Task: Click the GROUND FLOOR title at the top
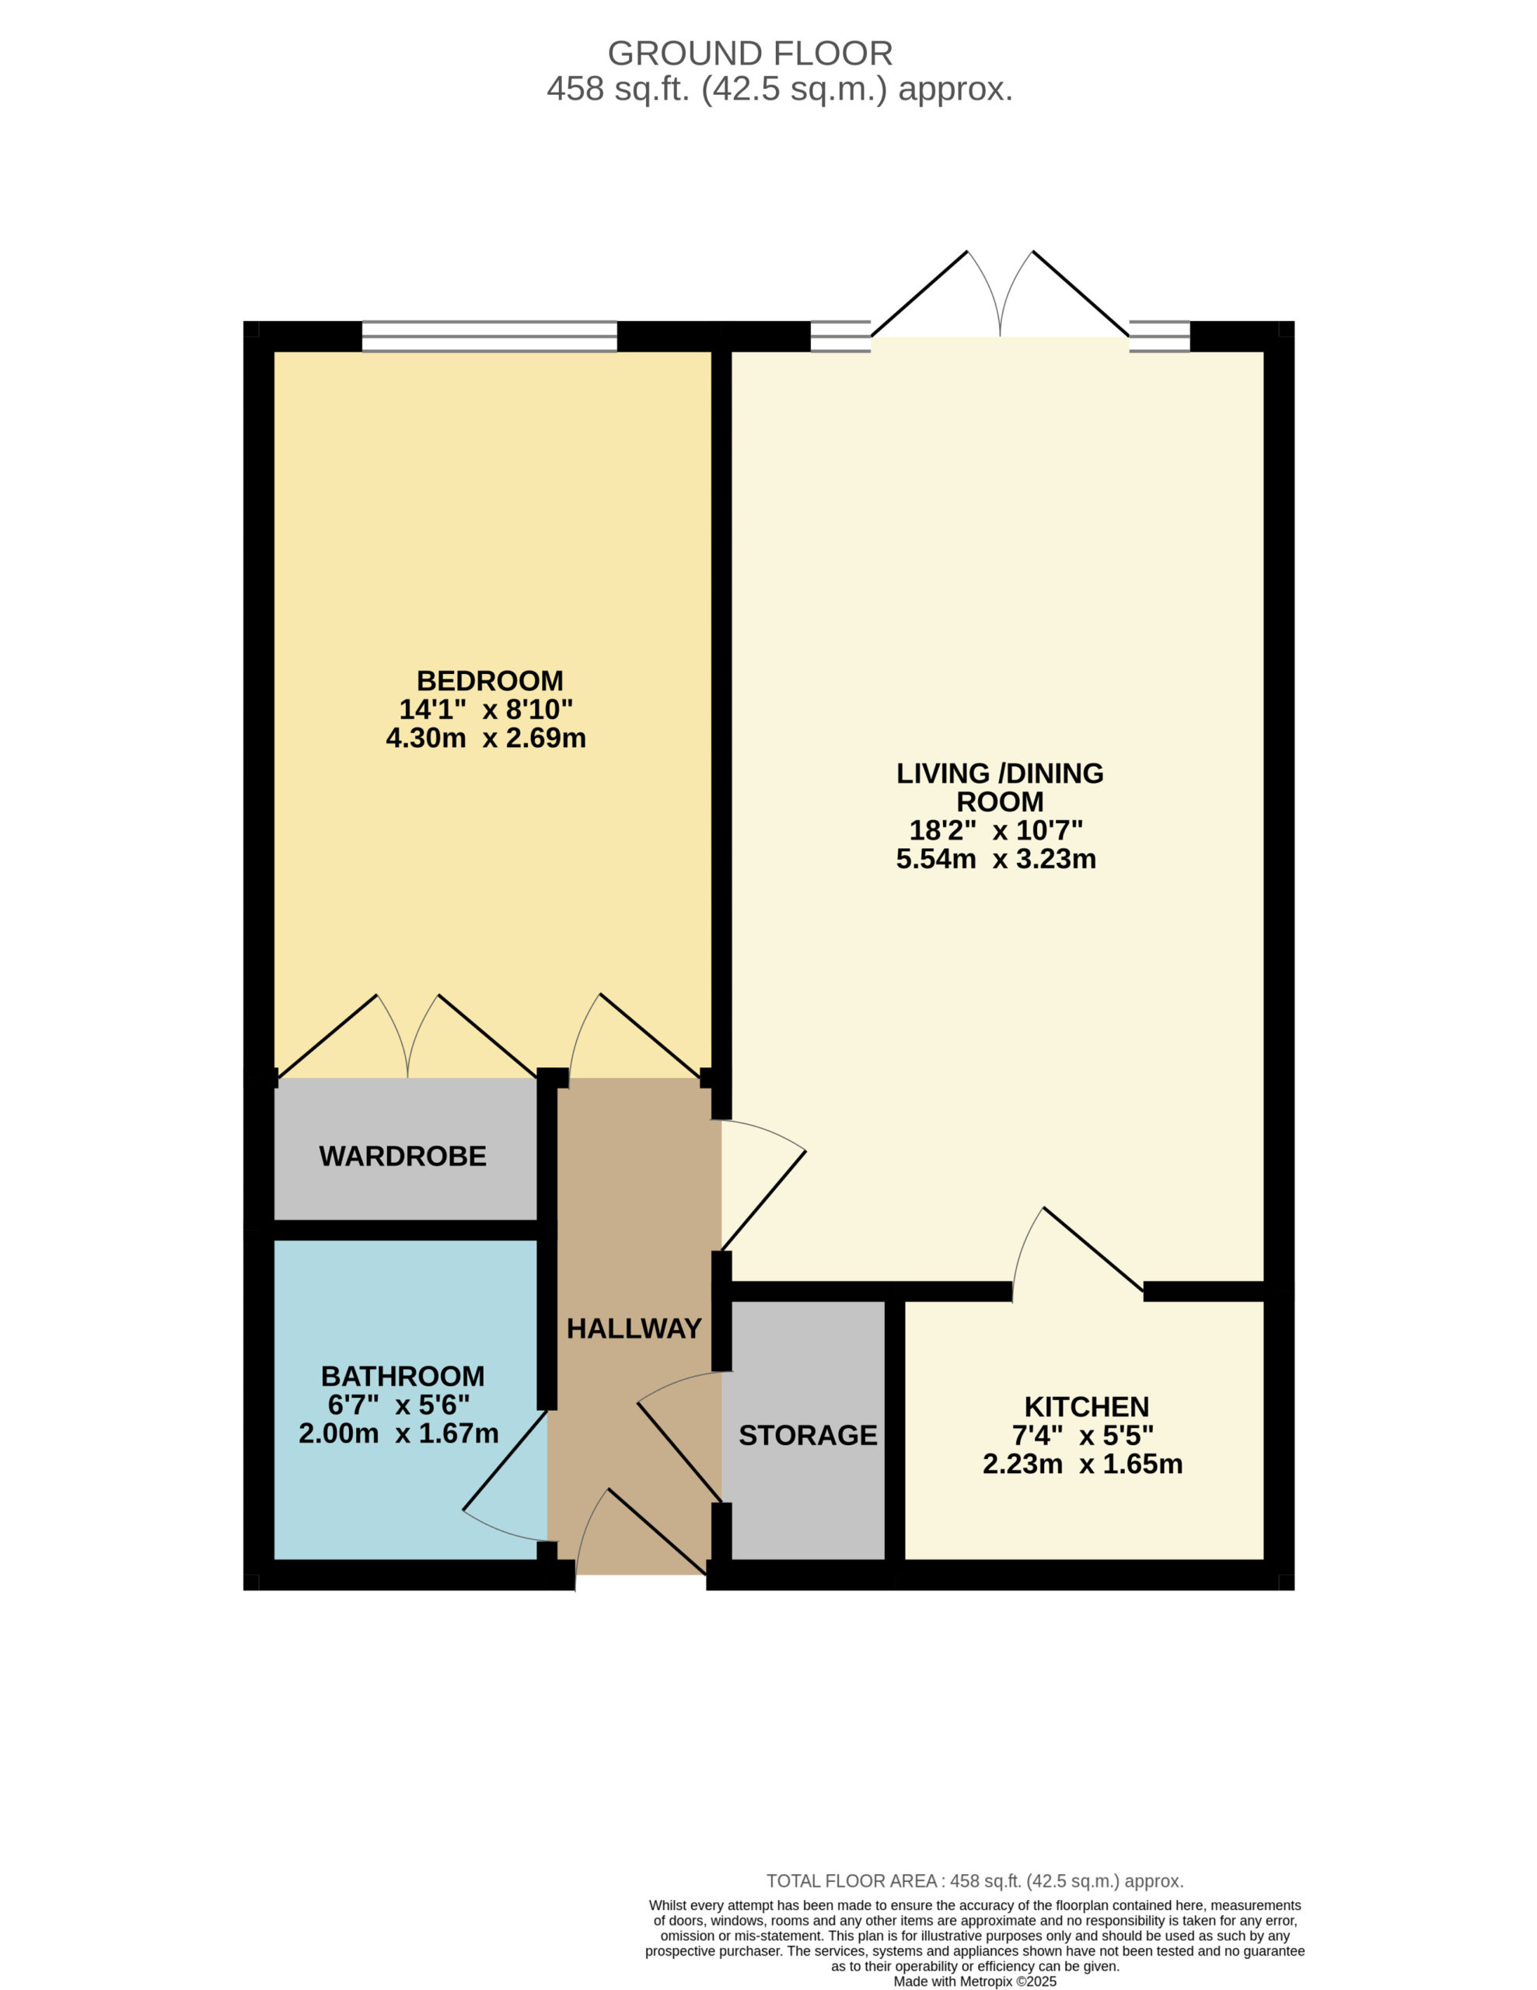pyautogui.click(x=749, y=54)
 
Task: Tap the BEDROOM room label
pyautogui.click(x=489, y=681)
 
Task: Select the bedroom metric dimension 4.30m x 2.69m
pyautogui.click(x=486, y=738)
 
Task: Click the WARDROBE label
pyautogui.click(x=403, y=1156)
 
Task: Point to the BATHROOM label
pyautogui.click(x=403, y=1376)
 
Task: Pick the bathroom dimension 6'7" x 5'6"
pyautogui.click(x=399, y=1405)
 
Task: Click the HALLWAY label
pyautogui.click(x=634, y=1328)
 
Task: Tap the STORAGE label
pyautogui.click(x=808, y=1435)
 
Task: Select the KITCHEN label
pyautogui.click(x=1087, y=1407)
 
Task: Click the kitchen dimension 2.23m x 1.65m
pyautogui.click(x=1082, y=1465)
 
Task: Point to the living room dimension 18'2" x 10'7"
pyautogui.click(x=996, y=830)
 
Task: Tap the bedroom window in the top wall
pyautogui.click(x=489, y=337)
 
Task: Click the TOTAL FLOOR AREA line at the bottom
pyautogui.click(x=975, y=1880)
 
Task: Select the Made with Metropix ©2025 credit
pyautogui.click(x=975, y=1981)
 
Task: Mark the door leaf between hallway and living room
pyautogui.click(x=763, y=1200)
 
